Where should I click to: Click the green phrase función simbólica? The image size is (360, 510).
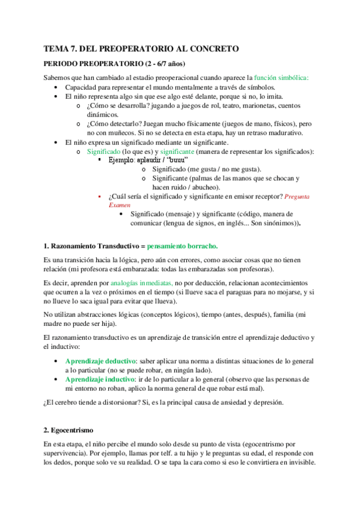tap(281, 78)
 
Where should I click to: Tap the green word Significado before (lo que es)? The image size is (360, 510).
tap(106, 152)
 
